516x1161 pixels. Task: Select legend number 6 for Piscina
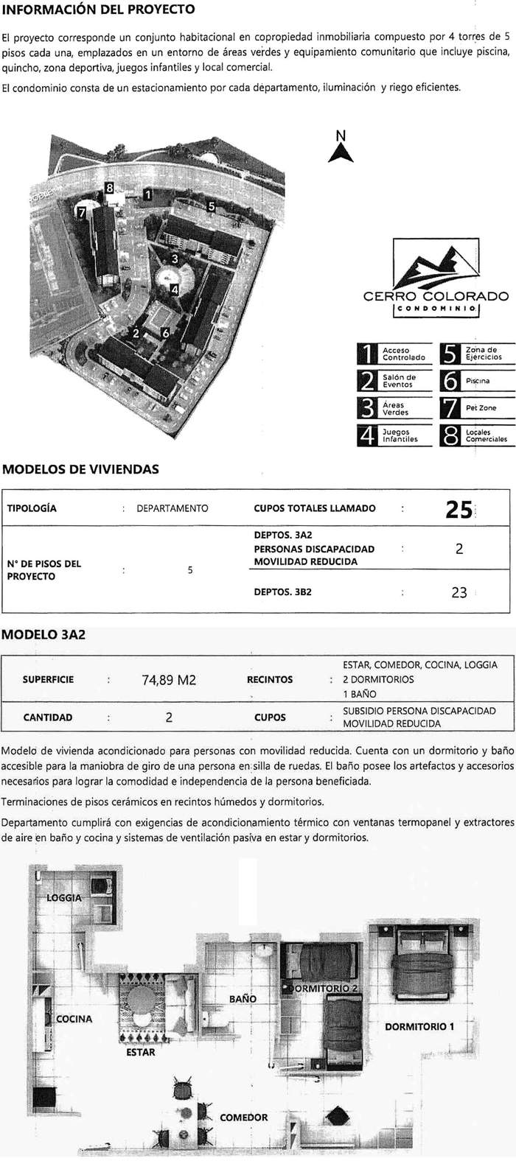point(450,381)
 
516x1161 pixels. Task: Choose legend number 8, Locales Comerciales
point(450,435)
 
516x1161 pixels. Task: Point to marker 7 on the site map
point(82,212)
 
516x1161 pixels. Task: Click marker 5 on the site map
point(211,206)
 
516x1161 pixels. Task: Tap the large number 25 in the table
point(459,509)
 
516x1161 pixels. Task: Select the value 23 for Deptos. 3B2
point(459,592)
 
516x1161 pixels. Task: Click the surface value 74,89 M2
point(169,680)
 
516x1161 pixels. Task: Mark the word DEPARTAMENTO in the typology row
point(172,508)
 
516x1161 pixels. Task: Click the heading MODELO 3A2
point(44,634)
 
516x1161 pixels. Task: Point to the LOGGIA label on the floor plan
point(64,898)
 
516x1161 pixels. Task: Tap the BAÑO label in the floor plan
point(243,999)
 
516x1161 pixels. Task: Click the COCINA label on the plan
point(74,1019)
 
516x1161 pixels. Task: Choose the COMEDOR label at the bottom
point(244,1118)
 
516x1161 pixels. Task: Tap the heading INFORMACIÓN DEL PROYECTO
point(99,10)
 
